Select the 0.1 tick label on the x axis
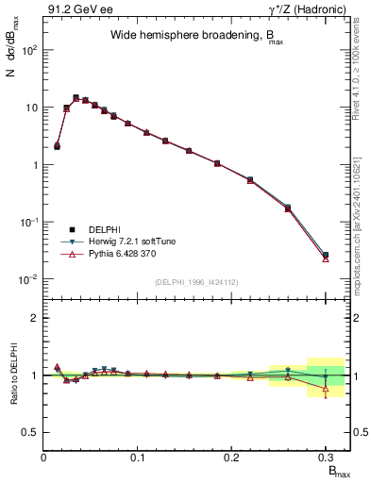(x=138, y=457)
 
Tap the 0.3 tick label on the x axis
(x=325, y=457)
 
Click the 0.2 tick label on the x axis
(x=231, y=457)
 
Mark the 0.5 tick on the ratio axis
(x=34, y=432)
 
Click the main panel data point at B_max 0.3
(x=326, y=256)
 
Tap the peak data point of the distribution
(x=76, y=97)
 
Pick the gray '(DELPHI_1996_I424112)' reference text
(x=196, y=280)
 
